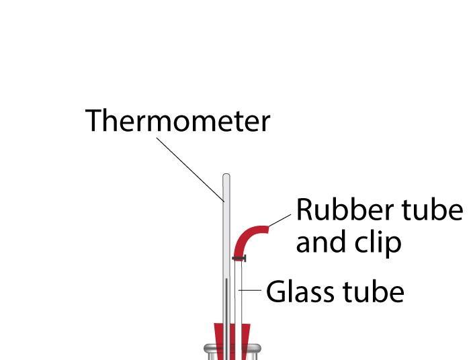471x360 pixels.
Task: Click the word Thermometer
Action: point(177,121)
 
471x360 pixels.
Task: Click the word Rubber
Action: point(334,210)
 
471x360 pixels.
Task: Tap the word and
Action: point(320,242)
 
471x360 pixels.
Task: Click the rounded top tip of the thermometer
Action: point(226,177)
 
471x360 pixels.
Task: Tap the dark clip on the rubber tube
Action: point(239,258)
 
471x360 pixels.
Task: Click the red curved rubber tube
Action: point(246,239)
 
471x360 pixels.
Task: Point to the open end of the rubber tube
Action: point(267,229)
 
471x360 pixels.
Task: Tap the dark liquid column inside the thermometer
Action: point(226,309)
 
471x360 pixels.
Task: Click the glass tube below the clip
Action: point(239,296)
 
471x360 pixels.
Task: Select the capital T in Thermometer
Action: point(93,121)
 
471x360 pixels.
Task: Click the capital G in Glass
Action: point(276,292)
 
